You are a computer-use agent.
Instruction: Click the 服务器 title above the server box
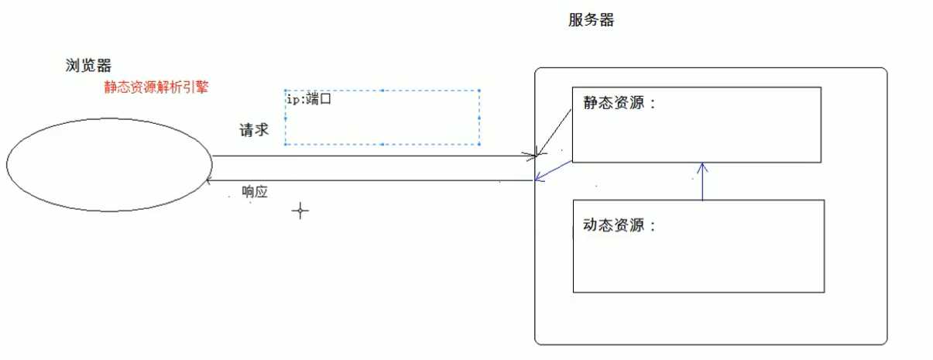(591, 20)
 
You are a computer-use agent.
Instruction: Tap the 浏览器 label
(88, 65)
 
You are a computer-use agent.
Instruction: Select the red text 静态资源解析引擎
(156, 87)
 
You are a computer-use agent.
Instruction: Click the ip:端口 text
(309, 99)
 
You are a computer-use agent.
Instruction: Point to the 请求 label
(254, 130)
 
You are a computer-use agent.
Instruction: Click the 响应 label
(255, 192)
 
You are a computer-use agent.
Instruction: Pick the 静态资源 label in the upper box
(619, 102)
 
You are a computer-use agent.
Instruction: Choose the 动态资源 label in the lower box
(619, 225)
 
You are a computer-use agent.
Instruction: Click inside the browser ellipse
(109, 165)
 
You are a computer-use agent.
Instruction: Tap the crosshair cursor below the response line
(300, 211)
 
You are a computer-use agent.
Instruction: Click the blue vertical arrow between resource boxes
(703, 182)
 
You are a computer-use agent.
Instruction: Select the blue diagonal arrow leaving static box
(554, 171)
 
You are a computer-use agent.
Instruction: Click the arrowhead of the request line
(534, 156)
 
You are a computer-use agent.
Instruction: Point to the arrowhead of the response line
(208, 180)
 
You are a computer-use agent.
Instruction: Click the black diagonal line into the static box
(554, 132)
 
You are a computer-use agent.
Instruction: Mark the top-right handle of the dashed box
(479, 91)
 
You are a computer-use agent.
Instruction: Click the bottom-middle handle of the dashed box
(382, 145)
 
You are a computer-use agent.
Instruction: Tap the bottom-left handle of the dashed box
(285, 145)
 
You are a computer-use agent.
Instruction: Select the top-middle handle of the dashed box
(382, 91)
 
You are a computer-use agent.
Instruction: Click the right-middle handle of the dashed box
(479, 118)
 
